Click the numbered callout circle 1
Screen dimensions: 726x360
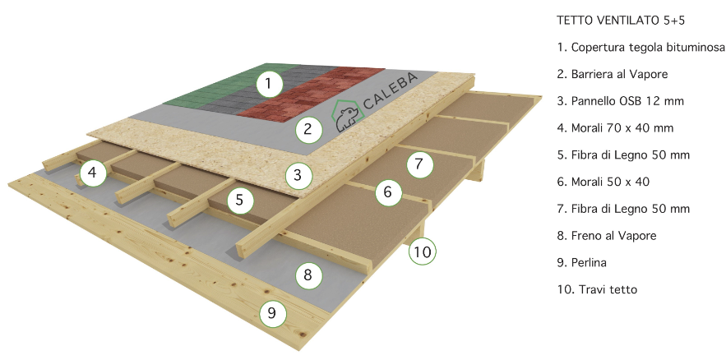(269, 84)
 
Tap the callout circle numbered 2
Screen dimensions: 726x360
(308, 129)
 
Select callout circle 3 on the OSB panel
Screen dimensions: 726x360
(298, 175)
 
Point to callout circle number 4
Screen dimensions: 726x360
(93, 173)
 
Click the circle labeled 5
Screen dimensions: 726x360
(239, 200)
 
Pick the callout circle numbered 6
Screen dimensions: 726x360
(388, 192)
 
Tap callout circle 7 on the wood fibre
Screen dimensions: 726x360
(419, 164)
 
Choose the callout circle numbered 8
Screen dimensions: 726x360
(308, 275)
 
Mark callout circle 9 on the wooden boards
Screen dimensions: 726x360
(272, 313)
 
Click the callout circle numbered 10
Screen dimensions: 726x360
(423, 252)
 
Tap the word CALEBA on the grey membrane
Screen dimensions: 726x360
(391, 91)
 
